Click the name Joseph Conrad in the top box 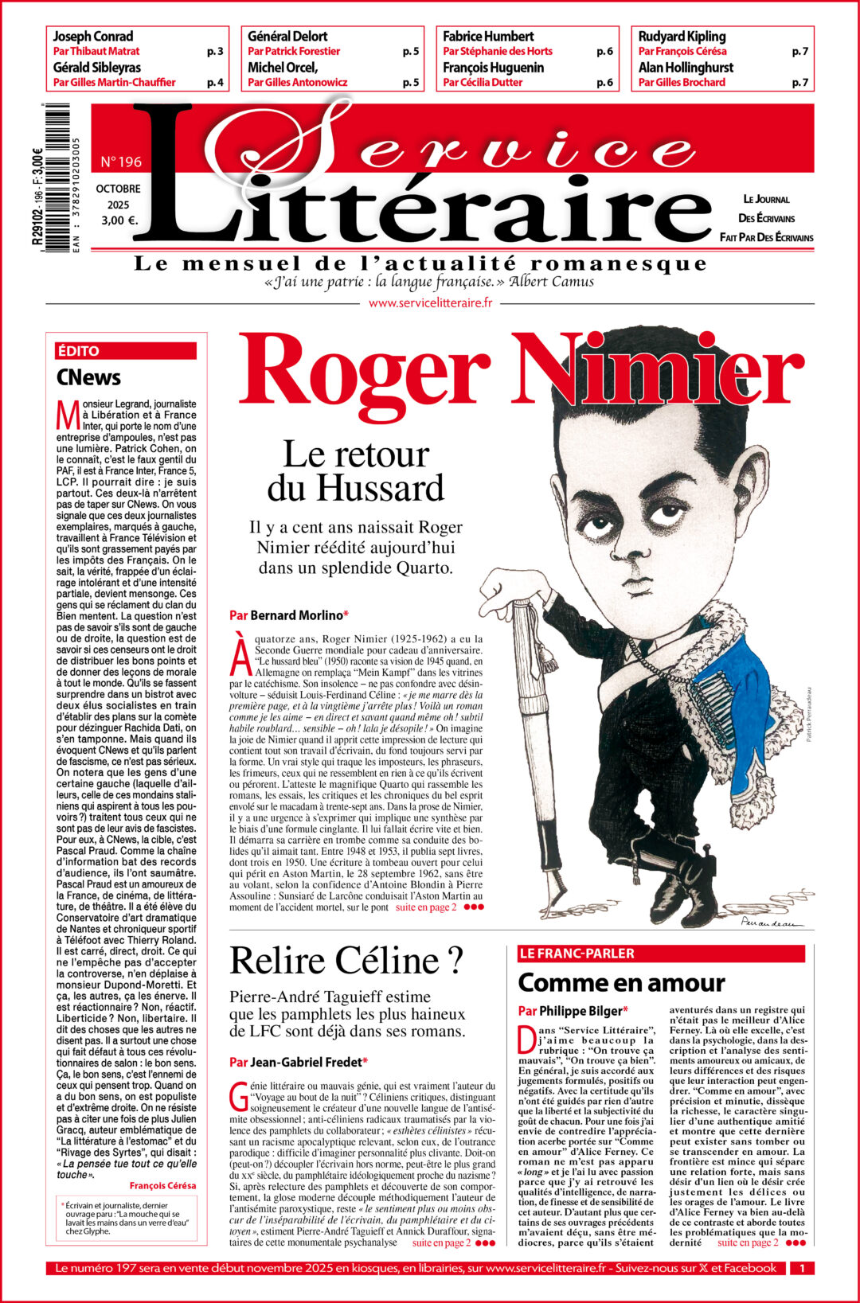click(x=92, y=37)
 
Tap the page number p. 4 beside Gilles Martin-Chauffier click(x=215, y=82)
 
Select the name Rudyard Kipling click(x=682, y=37)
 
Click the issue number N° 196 click(x=121, y=162)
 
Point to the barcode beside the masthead click(x=57, y=178)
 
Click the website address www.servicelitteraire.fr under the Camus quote click(x=430, y=302)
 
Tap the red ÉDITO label click(x=78, y=351)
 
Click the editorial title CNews click(x=88, y=377)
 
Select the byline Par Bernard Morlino click(x=288, y=614)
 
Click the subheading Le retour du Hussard click(x=355, y=471)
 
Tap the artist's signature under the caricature click(x=769, y=922)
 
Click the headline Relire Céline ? click(x=346, y=960)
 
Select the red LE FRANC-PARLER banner click(x=577, y=954)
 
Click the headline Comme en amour click(x=621, y=983)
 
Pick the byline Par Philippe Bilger click(x=573, y=1011)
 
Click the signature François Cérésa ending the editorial click(x=162, y=1185)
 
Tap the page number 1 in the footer click(x=802, y=1268)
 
